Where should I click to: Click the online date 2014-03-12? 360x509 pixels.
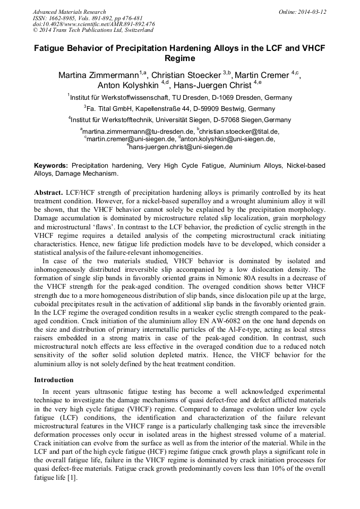(312, 12)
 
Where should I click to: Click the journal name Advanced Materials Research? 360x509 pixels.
(69, 12)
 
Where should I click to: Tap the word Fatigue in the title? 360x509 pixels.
(52, 48)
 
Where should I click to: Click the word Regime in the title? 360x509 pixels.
(180, 58)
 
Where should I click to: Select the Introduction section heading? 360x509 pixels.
(54, 380)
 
